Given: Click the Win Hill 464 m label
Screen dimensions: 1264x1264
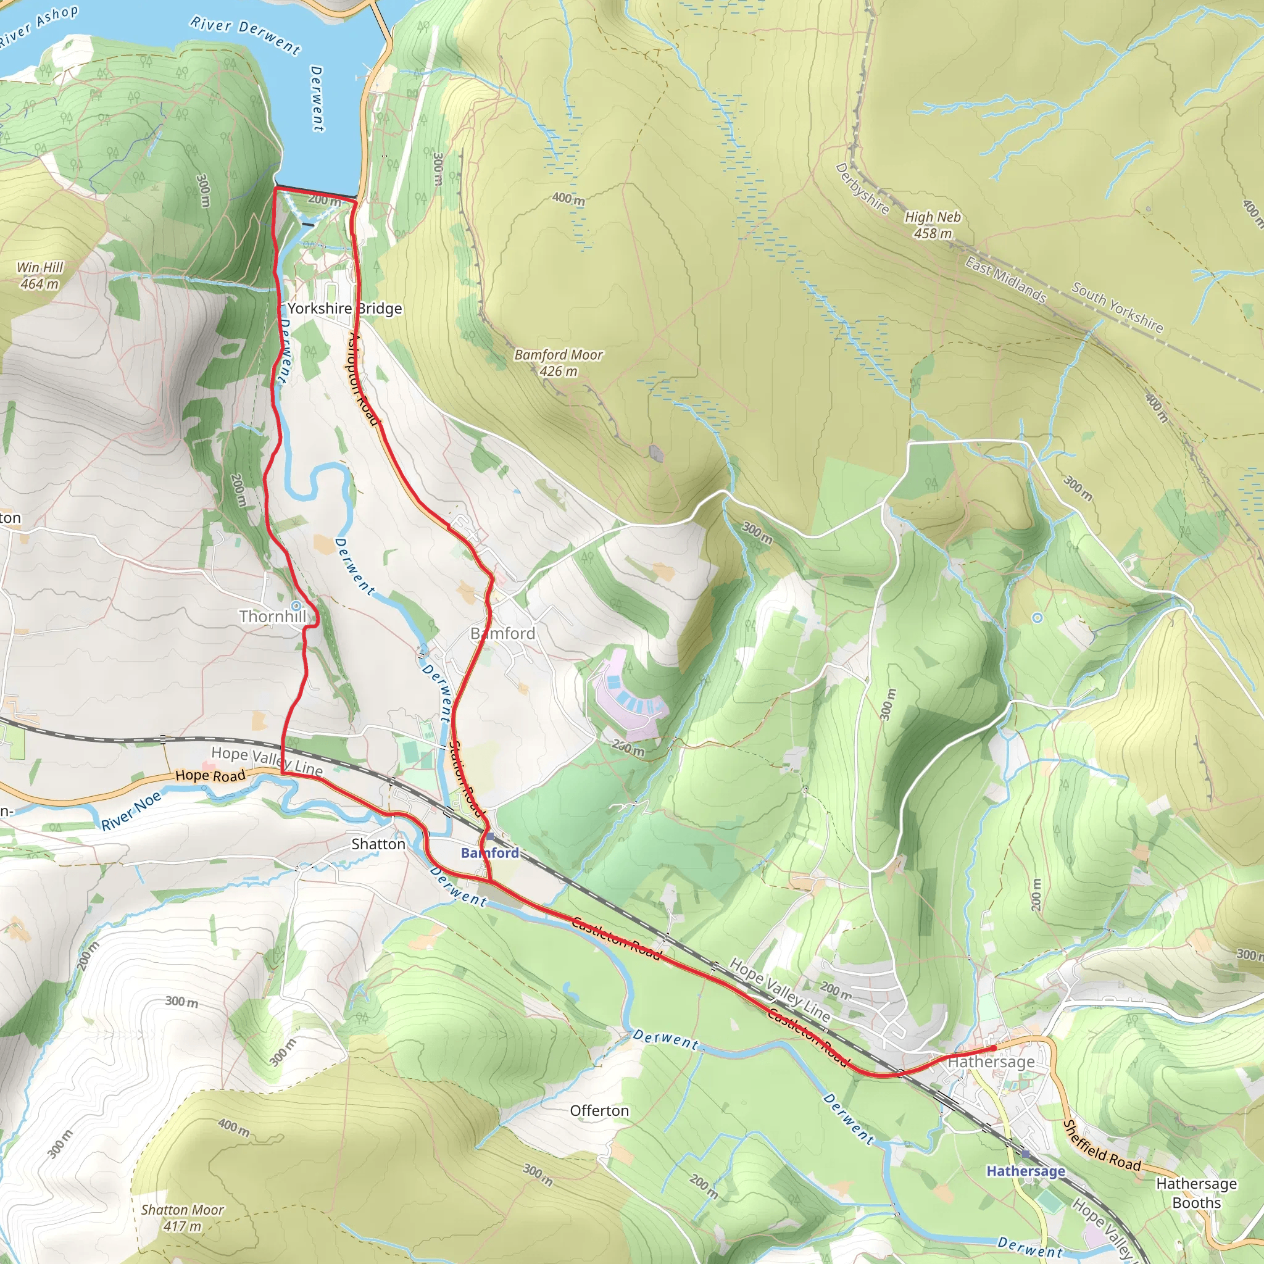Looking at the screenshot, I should [39, 275].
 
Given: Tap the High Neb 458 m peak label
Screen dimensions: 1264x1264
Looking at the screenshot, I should [933, 225].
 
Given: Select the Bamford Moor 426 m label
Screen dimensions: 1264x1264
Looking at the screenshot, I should [558, 362].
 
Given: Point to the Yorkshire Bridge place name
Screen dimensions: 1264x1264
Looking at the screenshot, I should [345, 308].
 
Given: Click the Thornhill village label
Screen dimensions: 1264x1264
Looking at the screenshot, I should [272, 617].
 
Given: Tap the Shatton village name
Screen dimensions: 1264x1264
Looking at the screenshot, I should [378, 844].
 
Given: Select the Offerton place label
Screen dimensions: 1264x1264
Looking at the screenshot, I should [599, 1110].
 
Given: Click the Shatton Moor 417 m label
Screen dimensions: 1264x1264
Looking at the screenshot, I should [183, 1218].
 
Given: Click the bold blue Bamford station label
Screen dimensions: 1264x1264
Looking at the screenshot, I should [490, 852].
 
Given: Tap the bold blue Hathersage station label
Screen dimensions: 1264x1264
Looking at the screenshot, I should [1026, 1170].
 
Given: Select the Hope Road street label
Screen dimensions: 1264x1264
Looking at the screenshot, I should [210, 776].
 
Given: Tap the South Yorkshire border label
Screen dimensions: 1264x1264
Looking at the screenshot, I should [1116, 307].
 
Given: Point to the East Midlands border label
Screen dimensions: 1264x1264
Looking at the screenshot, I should [1005, 280].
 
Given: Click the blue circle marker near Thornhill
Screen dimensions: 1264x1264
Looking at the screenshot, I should [296, 605].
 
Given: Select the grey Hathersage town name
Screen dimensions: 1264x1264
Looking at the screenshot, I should [991, 1061].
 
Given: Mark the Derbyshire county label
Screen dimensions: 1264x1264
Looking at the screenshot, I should [862, 188].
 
